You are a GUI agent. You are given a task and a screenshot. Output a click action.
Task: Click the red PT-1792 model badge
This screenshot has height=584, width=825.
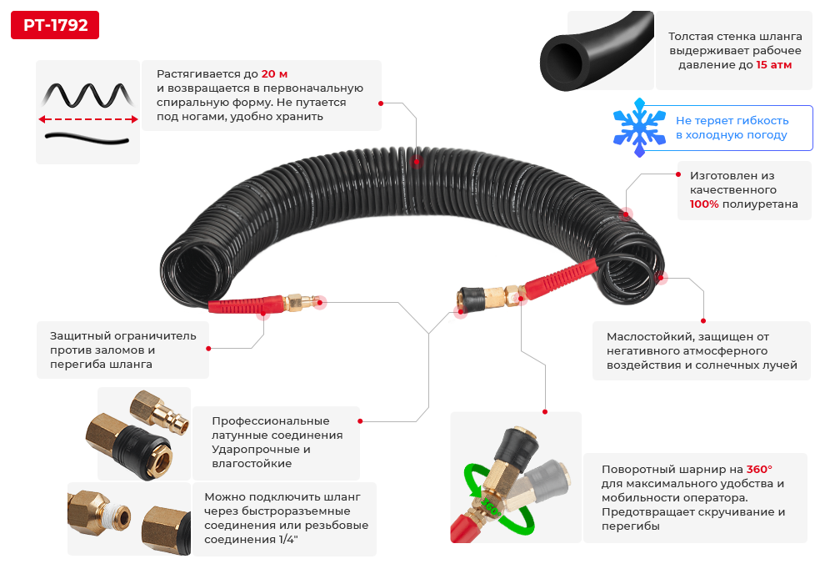[x=55, y=25]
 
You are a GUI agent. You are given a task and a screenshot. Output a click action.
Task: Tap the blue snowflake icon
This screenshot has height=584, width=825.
[x=639, y=128]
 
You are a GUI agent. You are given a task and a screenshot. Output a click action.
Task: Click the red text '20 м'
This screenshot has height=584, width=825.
[x=274, y=73]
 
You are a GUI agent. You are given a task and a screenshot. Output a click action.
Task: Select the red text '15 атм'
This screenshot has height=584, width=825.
[x=773, y=65]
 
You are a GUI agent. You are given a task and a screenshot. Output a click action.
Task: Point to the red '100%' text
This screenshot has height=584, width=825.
[x=704, y=204]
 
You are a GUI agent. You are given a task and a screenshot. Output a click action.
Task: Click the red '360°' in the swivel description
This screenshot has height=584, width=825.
[x=759, y=469]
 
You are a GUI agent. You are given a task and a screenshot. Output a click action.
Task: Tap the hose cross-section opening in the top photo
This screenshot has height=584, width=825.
[x=563, y=62]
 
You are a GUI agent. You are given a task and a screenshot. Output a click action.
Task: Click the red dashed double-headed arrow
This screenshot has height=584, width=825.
[x=87, y=119]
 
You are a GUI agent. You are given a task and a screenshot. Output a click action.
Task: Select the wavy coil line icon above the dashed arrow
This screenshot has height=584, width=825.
[x=87, y=95]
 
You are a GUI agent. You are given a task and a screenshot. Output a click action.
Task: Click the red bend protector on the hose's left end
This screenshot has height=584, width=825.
[x=246, y=305]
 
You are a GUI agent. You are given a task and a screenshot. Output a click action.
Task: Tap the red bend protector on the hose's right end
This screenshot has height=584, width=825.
[x=560, y=279]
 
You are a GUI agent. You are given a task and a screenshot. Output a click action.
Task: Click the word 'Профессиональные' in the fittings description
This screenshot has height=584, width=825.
[x=271, y=420]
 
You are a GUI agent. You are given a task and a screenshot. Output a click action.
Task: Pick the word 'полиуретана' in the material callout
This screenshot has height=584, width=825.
[x=760, y=204]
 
